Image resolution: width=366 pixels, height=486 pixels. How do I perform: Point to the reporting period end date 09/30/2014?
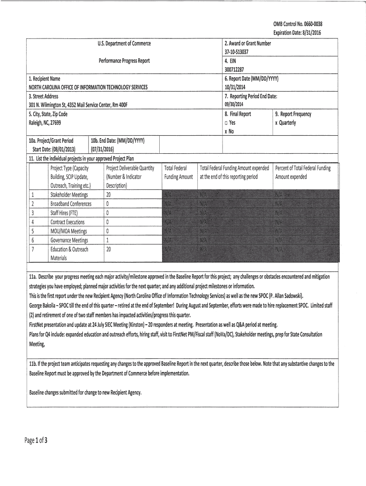click(234, 104)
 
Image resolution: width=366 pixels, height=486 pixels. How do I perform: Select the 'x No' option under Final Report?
click(229, 131)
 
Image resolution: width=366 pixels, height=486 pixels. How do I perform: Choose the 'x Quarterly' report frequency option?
click(285, 122)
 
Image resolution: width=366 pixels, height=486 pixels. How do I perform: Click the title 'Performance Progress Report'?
click(124, 61)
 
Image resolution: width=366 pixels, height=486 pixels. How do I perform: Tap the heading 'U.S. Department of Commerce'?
click(124, 44)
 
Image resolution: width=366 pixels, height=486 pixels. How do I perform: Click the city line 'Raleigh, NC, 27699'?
click(45, 122)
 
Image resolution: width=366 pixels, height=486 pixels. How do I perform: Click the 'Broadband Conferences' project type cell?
click(71, 204)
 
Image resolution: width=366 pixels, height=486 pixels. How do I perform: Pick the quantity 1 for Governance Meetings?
click(108, 240)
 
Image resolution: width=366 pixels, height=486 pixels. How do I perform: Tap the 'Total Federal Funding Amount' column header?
click(178, 172)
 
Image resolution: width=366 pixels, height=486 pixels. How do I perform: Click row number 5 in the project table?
click(33, 231)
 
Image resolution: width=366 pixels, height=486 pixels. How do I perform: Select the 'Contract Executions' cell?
click(67, 222)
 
